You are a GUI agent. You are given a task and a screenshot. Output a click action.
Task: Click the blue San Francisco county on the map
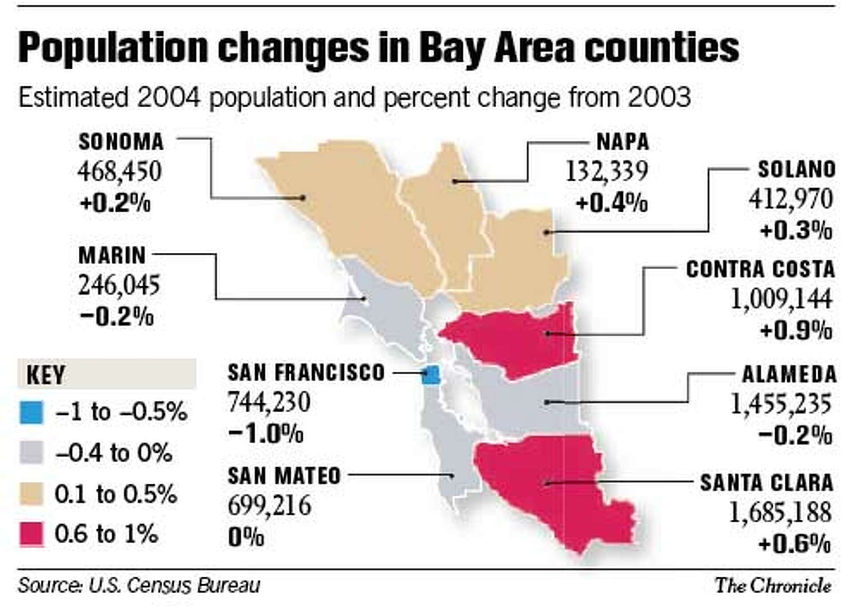[x=431, y=375]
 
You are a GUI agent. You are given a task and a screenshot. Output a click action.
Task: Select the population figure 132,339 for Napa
[x=606, y=171]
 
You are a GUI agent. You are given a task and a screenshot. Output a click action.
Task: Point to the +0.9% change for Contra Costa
[x=796, y=331]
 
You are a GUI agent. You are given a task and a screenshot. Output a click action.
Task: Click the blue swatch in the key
[x=32, y=412]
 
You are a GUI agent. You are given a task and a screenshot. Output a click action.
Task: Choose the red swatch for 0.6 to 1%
[x=32, y=534]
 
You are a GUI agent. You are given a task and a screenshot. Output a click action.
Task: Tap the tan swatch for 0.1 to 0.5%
[x=32, y=494]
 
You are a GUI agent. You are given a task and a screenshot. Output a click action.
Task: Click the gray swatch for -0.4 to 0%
[x=32, y=453]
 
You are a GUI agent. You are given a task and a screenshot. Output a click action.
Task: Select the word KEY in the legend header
[x=46, y=375]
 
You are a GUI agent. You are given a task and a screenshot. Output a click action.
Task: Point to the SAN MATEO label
[x=284, y=476]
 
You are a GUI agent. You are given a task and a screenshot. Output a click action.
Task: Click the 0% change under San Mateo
[x=246, y=537]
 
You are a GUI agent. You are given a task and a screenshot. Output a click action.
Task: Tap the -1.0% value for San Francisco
[x=266, y=433]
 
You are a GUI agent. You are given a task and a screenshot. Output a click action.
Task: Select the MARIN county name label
[x=112, y=255]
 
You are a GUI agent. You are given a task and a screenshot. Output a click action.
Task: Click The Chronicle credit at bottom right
[x=773, y=585]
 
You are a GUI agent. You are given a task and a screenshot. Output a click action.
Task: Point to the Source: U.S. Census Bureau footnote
[x=139, y=585]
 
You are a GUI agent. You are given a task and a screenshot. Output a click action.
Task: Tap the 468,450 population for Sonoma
[x=119, y=172]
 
